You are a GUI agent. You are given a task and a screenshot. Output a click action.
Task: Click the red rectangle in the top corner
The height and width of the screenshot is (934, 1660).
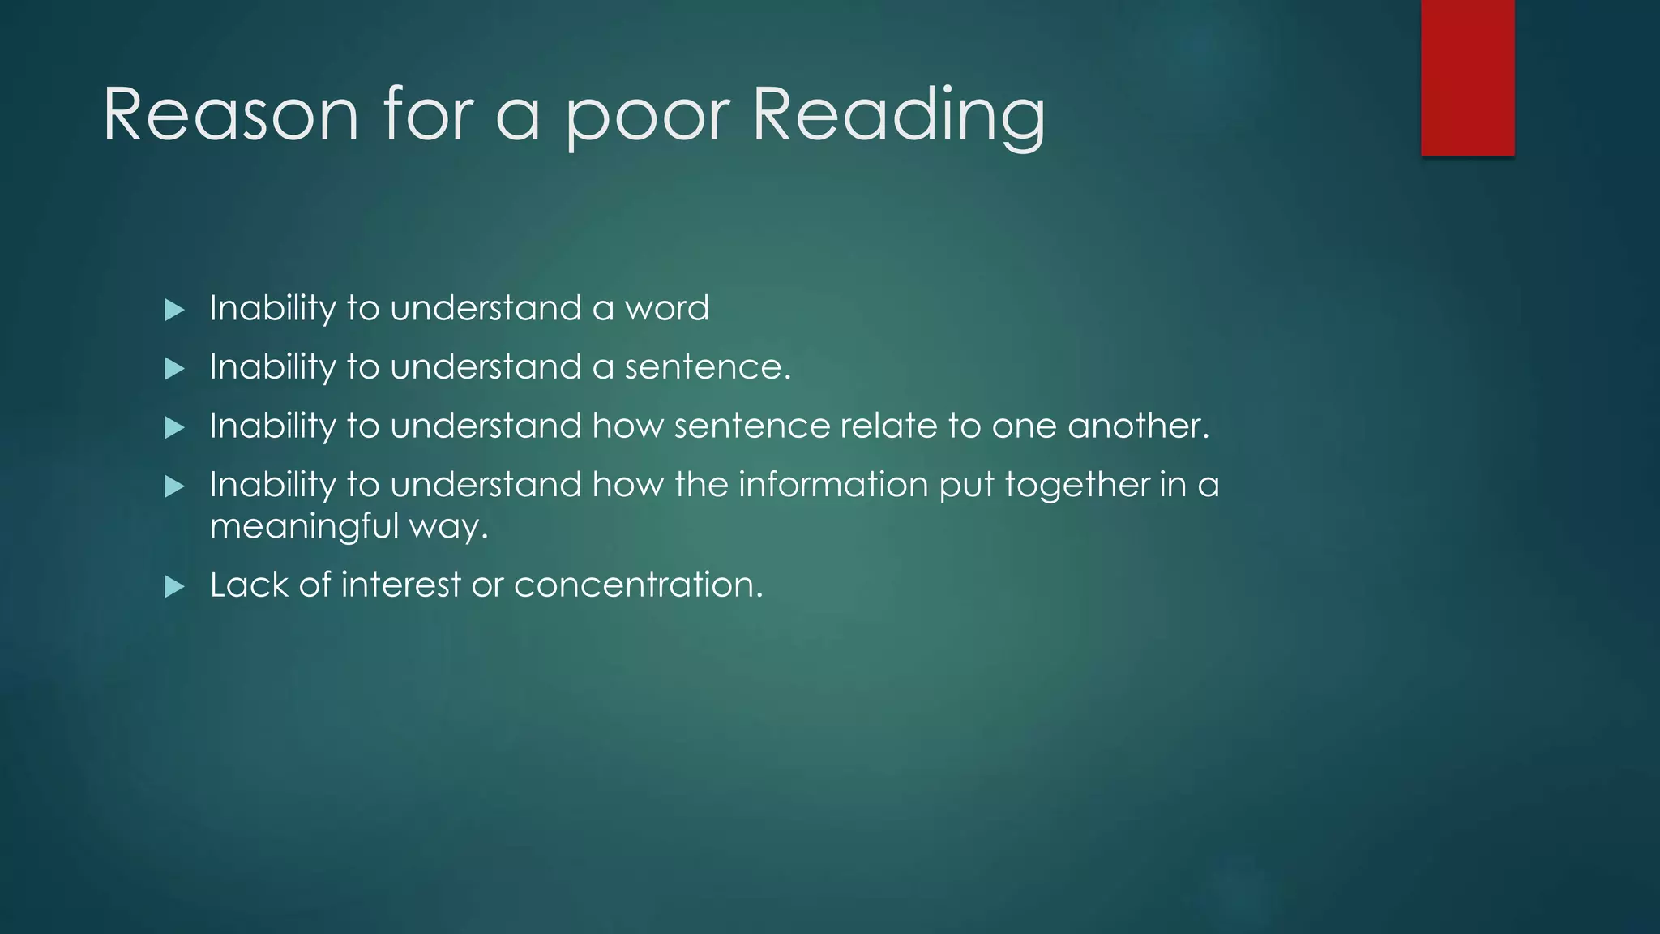[1467, 77]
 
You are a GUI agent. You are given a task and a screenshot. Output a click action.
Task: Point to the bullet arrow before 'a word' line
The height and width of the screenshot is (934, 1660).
[174, 310]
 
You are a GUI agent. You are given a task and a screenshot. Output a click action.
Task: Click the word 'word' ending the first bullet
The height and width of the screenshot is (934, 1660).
[666, 308]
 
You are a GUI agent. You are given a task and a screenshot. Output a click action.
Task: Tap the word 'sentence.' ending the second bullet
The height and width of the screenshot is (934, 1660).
[708, 367]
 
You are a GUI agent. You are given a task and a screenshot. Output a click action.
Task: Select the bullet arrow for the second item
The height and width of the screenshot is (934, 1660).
[174, 369]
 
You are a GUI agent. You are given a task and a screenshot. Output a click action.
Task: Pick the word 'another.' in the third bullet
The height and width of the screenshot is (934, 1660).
[1138, 426]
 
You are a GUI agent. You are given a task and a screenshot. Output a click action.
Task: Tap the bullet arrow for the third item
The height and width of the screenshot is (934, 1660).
[174, 427]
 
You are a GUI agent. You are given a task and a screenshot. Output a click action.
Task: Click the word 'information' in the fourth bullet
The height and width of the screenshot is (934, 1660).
[833, 485]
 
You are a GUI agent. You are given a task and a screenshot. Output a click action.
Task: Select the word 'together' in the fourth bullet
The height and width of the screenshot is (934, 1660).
[1076, 485]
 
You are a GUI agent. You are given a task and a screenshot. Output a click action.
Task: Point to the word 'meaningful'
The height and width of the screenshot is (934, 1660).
[304, 527]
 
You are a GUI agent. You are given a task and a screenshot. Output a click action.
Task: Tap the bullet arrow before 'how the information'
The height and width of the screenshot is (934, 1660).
[174, 486]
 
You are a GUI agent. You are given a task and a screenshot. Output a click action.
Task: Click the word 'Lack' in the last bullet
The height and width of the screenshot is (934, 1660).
[249, 585]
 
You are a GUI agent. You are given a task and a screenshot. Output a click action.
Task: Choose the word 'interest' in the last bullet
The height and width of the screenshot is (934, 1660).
[400, 585]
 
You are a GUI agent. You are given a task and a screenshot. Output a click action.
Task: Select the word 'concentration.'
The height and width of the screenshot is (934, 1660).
[639, 585]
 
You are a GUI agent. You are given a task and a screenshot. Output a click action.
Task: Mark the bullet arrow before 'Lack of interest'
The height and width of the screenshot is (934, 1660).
[174, 586]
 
